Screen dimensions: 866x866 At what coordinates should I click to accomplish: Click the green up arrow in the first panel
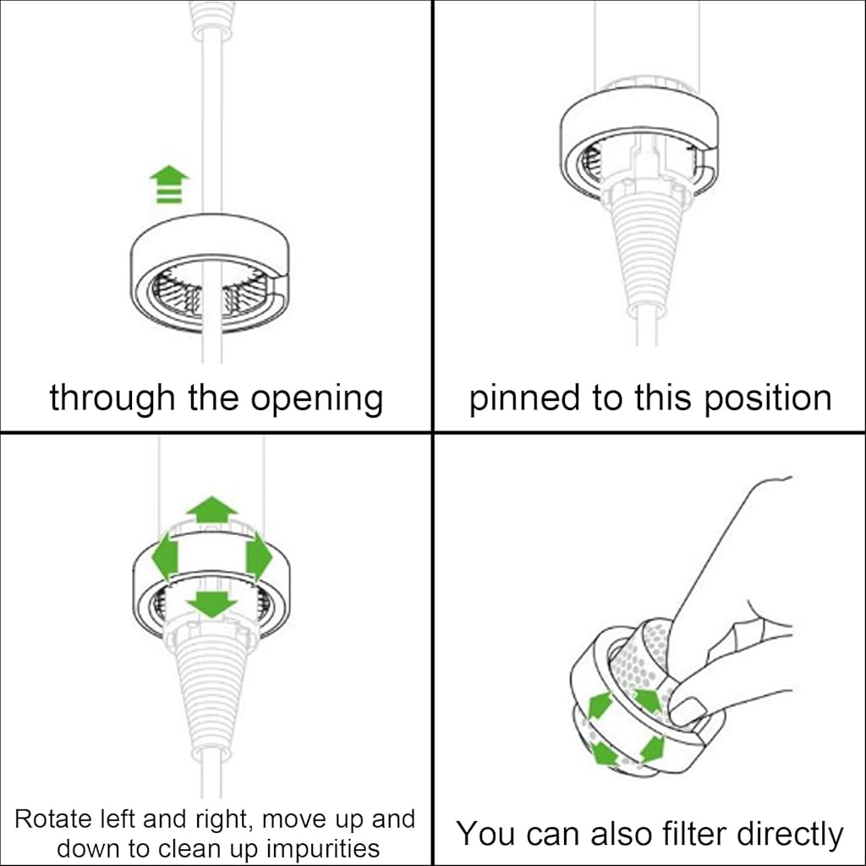click(x=169, y=185)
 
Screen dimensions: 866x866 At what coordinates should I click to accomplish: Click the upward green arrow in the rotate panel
click(x=211, y=511)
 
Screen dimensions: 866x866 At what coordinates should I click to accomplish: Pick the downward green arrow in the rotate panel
click(x=211, y=603)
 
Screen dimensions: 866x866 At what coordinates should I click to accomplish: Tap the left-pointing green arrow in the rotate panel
click(x=165, y=556)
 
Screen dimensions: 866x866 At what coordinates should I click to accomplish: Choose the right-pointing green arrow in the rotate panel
click(x=257, y=556)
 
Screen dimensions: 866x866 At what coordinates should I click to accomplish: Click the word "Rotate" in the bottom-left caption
click(x=56, y=819)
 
